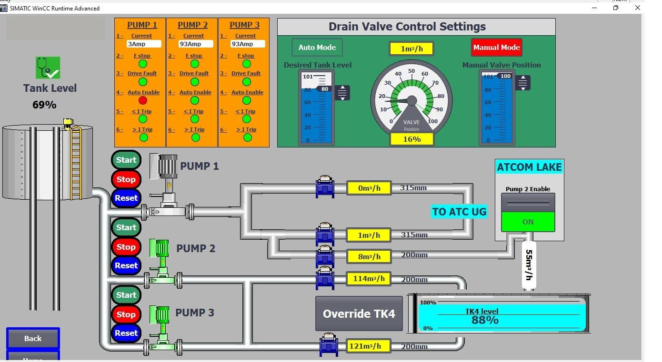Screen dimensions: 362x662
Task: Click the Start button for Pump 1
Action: pos(126,160)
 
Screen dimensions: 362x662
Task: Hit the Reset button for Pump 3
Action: pos(126,333)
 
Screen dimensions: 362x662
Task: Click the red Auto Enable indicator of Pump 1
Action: pos(143,100)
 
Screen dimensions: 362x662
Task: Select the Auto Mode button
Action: pos(317,48)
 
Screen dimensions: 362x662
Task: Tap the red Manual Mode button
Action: pos(496,48)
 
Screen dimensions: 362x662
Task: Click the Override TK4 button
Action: pos(359,313)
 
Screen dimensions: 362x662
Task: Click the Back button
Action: pos(33,339)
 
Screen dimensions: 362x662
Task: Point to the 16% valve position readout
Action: pos(411,139)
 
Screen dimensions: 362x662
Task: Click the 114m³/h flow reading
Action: pos(369,279)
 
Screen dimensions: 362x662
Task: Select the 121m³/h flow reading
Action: pos(369,346)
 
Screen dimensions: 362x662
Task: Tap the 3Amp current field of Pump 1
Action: pos(144,44)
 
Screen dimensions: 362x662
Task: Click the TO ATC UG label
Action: pos(459,212)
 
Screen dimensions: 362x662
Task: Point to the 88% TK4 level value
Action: pos(485,320)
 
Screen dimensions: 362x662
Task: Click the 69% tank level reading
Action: pos(44,105)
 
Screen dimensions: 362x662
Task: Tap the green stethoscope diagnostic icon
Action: pos(48,68)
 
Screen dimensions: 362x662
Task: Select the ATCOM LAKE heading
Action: pos(529,167)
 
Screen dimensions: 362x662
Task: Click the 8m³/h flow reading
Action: pos(369,256)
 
